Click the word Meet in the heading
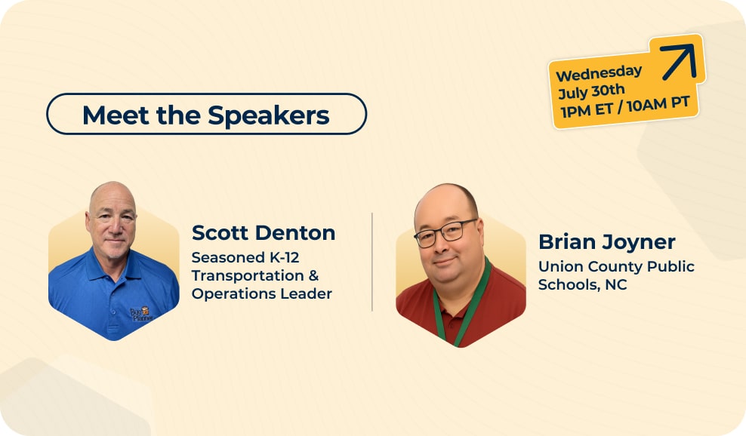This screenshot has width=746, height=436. click(116, 115)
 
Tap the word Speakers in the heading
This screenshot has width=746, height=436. click(268, 116)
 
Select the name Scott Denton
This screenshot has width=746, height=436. click(263, 233)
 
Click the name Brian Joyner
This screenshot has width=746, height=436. click(606, 242)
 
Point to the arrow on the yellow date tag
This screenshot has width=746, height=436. click(679, 61)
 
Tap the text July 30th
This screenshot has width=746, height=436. click(591, 91)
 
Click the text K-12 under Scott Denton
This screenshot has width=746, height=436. click(285, 257)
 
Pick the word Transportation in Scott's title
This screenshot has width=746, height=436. click(248, 275)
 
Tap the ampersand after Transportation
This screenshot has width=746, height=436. click(313, 275)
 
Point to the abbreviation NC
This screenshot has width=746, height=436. click(616, 285)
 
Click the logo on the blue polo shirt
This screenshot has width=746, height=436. click(141, 315)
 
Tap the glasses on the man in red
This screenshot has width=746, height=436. click(445, 233)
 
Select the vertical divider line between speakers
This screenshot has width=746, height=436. click(372, 262)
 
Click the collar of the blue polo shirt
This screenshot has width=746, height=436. click(112, 269)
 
